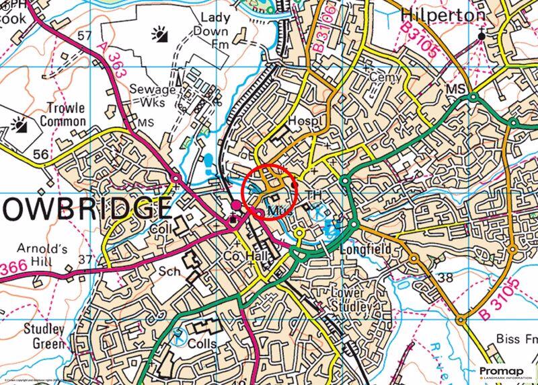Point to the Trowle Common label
[65, 114]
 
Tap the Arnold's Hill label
[44, 255]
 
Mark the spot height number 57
[84, 34]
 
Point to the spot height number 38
[445, 277]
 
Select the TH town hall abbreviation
[313, 194]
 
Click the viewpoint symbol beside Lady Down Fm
[159, 33]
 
